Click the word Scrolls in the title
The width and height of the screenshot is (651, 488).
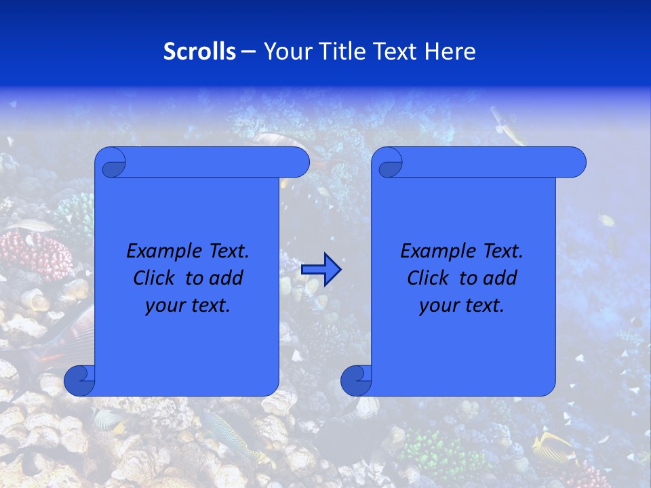199,52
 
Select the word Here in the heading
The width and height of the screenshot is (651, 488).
450,52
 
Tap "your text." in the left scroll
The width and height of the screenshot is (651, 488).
188,305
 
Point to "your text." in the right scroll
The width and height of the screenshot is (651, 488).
462,305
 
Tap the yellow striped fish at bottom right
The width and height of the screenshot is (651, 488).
553,447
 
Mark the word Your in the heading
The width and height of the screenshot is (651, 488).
281,52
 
